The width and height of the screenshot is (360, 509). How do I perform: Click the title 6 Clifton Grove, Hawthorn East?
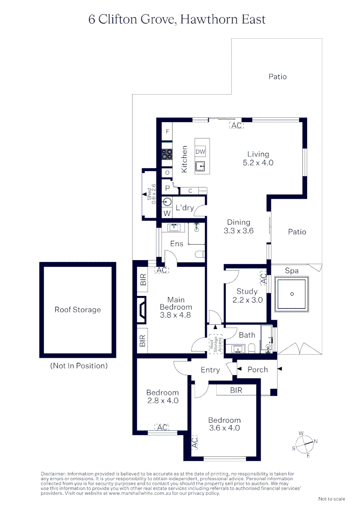[x=177, y=19]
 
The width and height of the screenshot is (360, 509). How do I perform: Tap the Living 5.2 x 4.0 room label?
[x=258, y=158]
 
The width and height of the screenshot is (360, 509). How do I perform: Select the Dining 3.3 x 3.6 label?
[x=238, y=227]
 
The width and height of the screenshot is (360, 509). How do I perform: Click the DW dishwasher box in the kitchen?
[x=200, y=151]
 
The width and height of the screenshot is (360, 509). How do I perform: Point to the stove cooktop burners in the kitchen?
[x=167, y=154]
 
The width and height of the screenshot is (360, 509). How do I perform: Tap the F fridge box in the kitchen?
[x=167, y=131]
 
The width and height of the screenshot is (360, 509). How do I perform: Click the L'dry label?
[x=185, y=207]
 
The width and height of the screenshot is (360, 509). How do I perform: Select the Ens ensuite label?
[x=177, y=244]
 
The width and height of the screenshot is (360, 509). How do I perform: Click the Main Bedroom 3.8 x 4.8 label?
[x=176, y=307]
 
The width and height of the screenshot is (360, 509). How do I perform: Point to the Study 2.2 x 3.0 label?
[x=247, y=296]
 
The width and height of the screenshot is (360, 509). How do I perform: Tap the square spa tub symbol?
[x=292, y=294]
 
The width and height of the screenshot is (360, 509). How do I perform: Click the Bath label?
[x=247, y=335]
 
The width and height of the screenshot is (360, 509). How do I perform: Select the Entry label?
[x=210, y=370]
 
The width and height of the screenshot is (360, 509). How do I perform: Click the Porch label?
[x=257, y=370]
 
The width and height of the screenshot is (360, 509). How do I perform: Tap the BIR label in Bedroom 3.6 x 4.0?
[x=236, y=390]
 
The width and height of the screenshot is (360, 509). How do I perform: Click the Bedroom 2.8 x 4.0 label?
[x=162, y=396]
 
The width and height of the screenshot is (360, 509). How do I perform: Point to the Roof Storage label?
[x=78, y=310]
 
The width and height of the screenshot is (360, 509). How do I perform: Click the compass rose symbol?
[x=305, y=443]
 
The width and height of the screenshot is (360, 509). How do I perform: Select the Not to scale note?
[x=332, y=499]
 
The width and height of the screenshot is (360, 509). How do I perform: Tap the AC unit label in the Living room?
[x=236, y=126]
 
